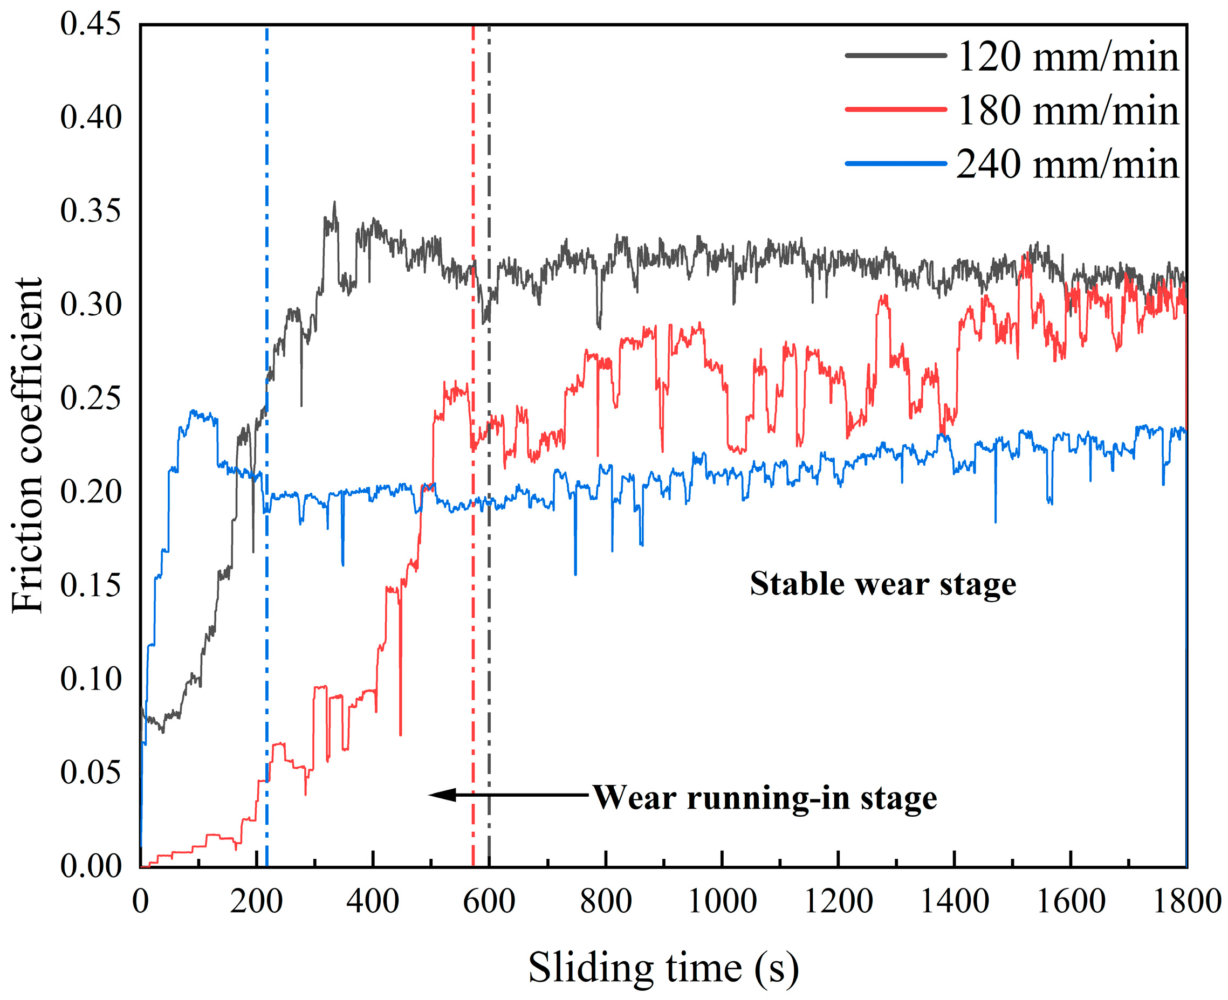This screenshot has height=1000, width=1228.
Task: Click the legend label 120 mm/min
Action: tap(1067, 58)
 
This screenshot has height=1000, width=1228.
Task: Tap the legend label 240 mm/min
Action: tap(1067, 165)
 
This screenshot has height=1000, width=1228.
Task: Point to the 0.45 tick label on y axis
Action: tap(91, 24)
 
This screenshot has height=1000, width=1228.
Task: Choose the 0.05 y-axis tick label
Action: tap(91, 773)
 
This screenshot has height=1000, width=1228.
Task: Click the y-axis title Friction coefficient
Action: tap(27, 446)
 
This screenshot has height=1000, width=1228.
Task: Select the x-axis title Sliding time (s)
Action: tap(663, 968)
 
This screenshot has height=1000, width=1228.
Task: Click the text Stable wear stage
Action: tap(883, 584)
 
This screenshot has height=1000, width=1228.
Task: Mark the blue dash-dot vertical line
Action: tap(266, 633)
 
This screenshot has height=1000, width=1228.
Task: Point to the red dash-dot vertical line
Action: tap(473, 633)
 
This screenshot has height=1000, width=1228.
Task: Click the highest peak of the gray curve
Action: tap(334, 203)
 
